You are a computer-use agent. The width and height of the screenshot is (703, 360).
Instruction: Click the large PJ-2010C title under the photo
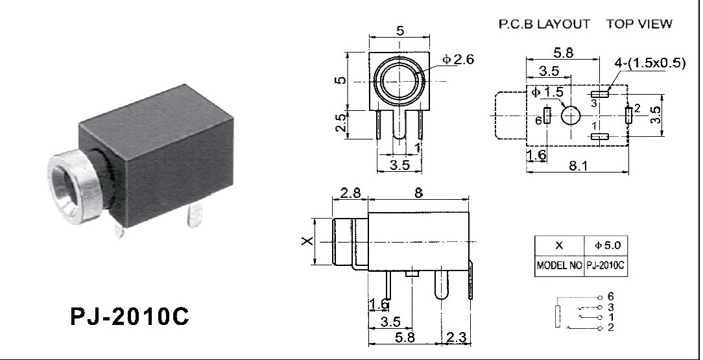coord(129,317)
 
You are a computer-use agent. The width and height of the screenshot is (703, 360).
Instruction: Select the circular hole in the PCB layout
coord(571,115)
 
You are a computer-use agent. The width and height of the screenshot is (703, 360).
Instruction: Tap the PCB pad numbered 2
coord(627,115)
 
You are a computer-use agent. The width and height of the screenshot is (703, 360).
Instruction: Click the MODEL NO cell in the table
coord(559,266)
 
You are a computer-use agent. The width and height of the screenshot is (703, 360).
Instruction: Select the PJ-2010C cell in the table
coord(607,266)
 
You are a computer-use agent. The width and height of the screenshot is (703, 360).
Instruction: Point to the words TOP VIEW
coord(639,24)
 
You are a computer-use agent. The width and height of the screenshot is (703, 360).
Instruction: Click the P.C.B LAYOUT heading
coord(543,24)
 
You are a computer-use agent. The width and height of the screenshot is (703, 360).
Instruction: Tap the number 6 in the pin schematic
coord(610,296)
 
